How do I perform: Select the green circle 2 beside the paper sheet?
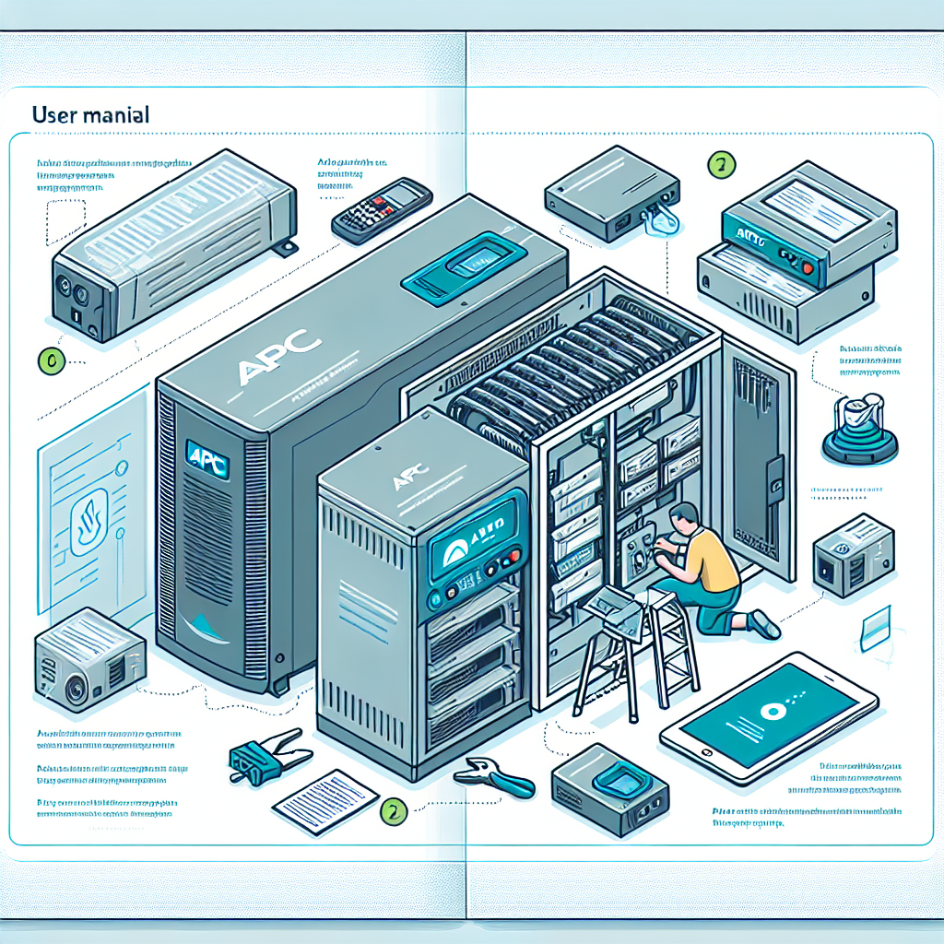[393, 811]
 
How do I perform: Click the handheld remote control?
[382, 210]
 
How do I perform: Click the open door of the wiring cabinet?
[761, 461]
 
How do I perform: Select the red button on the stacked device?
[808, 267]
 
